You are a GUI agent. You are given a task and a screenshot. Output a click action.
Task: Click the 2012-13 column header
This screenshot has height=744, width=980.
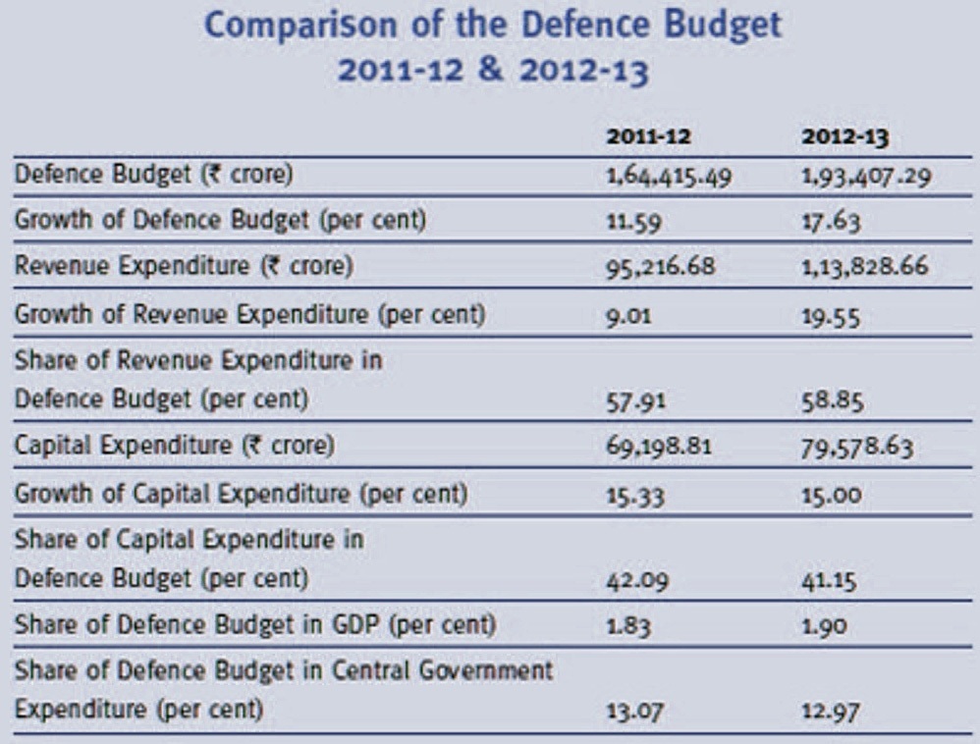point(844,138)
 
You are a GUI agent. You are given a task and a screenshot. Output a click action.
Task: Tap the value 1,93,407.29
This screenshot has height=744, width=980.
point(864,179)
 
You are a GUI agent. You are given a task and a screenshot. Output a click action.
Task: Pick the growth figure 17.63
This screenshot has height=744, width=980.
point(831,222)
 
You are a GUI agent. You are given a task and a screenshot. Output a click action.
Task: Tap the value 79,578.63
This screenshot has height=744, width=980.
point(857,448)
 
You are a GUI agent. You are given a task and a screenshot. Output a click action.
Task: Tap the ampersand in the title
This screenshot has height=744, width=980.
point(493,72)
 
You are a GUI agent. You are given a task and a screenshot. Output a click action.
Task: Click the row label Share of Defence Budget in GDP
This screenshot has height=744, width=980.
point(254,625)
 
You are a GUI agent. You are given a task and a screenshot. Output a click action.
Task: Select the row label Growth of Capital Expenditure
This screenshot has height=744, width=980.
point(240,494)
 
